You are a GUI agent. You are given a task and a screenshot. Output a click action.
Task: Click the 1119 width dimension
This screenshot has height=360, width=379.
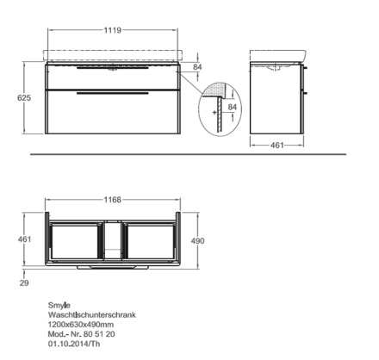point(113,30)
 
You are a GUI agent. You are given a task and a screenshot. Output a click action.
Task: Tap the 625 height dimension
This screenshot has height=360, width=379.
point(24,98)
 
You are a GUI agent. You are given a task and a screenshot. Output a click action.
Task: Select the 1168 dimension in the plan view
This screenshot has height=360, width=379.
point(113,200)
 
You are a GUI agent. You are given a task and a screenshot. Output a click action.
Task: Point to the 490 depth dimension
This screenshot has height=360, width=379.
point(198,240)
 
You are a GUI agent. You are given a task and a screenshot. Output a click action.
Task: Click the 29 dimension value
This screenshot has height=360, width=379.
point(24,282)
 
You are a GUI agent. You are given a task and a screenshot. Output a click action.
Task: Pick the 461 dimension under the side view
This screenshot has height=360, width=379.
point(277,146)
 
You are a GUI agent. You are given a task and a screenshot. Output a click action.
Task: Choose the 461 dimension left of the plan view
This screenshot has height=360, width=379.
point(24,239)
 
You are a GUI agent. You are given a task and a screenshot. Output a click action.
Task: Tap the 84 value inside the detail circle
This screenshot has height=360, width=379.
point(233,107)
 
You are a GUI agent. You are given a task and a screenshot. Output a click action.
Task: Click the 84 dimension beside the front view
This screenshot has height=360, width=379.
point(197,67)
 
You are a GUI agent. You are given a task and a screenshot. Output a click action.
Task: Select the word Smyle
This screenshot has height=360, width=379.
point(59,305)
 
